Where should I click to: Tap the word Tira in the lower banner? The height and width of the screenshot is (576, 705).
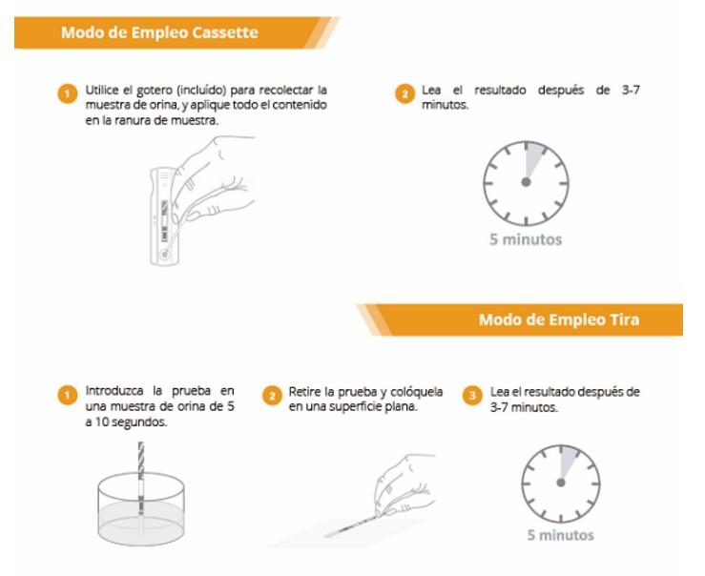[624, 319]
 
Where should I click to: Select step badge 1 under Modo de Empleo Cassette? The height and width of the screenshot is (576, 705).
[68, 93]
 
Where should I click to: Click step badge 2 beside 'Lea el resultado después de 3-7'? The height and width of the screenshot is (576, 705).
[404, 93]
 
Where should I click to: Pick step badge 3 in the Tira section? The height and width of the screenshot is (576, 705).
[472, 396]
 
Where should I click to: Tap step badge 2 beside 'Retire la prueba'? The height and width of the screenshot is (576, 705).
[272, 396]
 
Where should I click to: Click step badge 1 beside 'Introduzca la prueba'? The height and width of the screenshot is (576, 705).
[68, 396]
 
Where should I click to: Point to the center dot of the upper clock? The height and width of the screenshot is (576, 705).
[526, 182]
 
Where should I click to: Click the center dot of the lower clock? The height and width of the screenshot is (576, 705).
[560, 483]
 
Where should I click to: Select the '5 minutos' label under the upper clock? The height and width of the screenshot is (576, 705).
[526, 239]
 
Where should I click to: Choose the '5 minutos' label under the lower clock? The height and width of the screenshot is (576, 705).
[560, 535]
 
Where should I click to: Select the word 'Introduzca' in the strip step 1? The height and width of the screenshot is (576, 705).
[114, 390]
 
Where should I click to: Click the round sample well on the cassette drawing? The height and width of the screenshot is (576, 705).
[164, 255]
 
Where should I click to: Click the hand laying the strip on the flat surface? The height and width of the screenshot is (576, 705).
[404, 485]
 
